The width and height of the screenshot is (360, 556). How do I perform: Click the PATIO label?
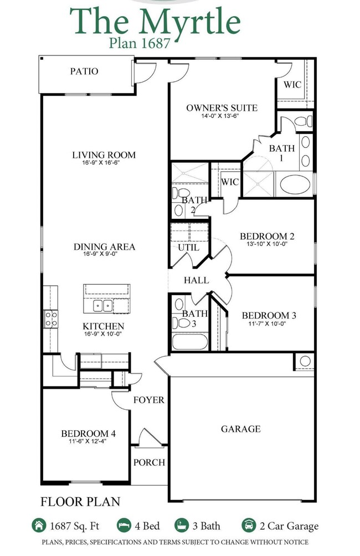click(84, 71)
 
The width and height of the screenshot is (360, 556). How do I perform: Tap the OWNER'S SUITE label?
click(222, 107)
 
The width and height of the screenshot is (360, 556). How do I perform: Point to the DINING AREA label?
click(104, 246)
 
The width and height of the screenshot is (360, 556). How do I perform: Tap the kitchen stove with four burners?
click(50, 318)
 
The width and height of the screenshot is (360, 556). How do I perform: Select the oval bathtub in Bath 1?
click(296, 184)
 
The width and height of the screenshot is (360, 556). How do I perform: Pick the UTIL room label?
click(188, 248)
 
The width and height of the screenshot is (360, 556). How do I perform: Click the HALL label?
click(196, 280)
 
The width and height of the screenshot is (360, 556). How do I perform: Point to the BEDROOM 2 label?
click(266, 236)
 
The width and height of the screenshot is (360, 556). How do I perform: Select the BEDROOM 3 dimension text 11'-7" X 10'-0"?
click(269, 324)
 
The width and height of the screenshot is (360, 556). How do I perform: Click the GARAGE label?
click(240, 429)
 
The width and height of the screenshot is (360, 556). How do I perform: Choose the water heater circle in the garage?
click(305, 361)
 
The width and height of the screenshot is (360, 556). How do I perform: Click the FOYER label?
click(148, 399)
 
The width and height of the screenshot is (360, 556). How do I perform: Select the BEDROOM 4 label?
click(88, 433)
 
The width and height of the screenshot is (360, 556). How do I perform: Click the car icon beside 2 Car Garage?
click(249, 526)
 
